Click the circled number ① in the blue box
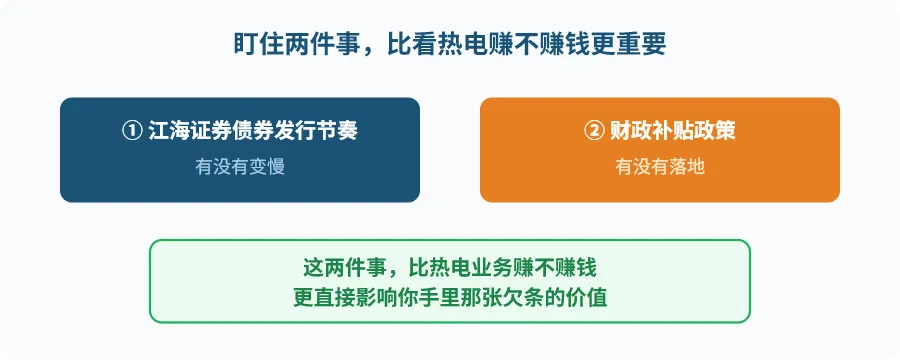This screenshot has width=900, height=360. [131, 130]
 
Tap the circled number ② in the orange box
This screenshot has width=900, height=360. [593, 130]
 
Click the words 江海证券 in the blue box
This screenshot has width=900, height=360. [190, 130]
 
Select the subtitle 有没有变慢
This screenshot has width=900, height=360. [240, 167]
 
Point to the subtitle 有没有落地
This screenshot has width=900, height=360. [660, 167]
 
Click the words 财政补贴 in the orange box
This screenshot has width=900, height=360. [651, 130]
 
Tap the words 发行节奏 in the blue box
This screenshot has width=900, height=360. [316, 130]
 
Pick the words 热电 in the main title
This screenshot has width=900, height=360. [462, 44]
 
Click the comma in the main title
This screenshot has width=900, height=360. [368, 51]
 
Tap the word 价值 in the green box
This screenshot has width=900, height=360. [587, 299]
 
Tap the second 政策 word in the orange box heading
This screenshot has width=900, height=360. [715, 130]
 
